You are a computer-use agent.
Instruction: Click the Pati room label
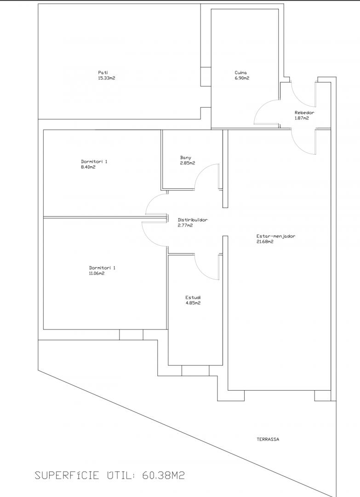(103, 73)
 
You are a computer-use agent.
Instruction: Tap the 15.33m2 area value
(107, 78)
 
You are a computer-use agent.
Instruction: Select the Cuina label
(240, 73)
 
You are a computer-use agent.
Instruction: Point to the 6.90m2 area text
(242, 78)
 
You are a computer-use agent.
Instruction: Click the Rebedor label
(304, 113)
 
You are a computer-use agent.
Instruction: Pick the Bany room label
(186, 157)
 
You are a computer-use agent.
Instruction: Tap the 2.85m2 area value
(188, 163)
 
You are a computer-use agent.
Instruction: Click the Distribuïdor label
(193, 220)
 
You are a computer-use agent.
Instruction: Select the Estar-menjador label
(276, 236)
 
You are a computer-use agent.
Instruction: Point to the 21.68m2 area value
(265, 242)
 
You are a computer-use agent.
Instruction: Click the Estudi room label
(193, 298)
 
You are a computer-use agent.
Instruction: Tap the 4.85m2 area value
(193, 303)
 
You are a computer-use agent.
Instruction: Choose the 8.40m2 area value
(88, 167)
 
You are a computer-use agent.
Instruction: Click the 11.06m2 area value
(97, 273)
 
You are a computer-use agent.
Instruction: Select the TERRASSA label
(268, 439)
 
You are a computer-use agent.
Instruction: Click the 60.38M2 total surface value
(163, 475)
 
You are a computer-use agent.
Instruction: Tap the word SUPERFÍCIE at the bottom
(67, 475)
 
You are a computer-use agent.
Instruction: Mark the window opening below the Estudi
(195, 370)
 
